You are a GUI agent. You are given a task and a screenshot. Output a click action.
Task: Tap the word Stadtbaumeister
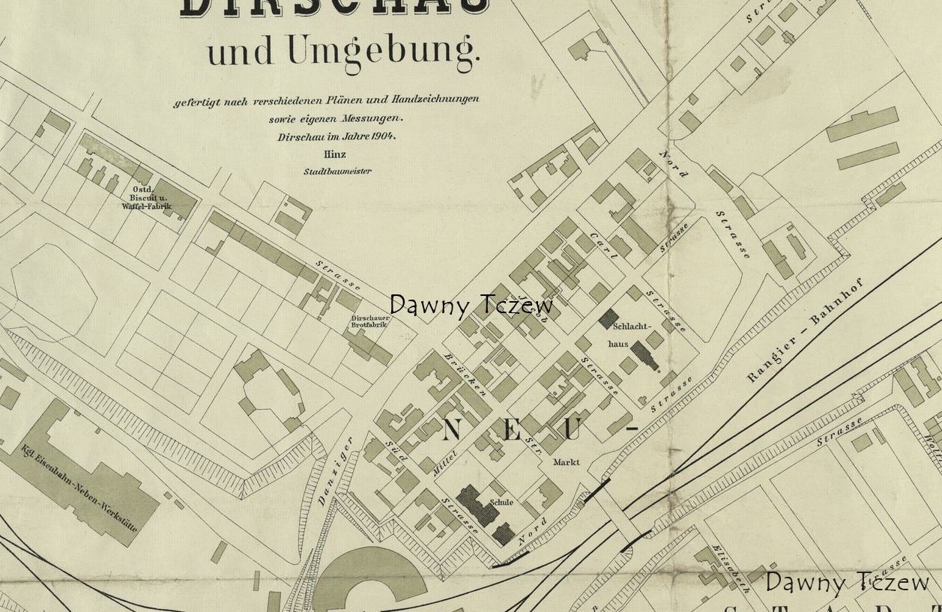336,171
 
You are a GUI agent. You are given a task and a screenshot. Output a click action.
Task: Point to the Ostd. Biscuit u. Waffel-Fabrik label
146,198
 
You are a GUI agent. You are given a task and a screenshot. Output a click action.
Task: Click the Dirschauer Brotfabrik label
369,321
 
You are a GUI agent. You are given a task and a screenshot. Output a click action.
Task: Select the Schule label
501,502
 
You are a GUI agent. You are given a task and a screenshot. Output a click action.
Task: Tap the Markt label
566,462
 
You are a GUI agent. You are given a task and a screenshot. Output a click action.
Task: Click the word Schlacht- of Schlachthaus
632,327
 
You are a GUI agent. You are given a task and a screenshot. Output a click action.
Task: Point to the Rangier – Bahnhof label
805,330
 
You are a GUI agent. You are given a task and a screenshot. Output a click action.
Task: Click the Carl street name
603,246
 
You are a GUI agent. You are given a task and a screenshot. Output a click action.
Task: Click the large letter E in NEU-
512,431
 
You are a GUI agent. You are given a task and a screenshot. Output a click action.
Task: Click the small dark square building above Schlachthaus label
608,318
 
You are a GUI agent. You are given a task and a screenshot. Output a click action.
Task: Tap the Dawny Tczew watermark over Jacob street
471,305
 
